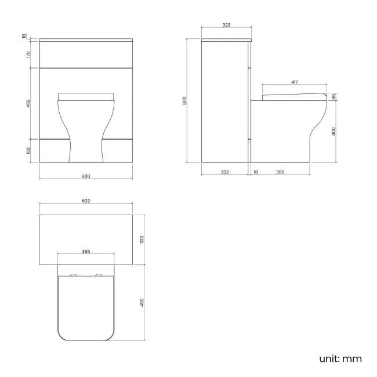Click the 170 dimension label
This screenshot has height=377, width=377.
coord(28,55)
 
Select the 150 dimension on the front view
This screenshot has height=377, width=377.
coord(28,151)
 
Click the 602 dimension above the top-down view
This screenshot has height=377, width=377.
coord(86,201)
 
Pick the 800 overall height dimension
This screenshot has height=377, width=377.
coord(184,100)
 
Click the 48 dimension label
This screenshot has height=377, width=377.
coord(334,96)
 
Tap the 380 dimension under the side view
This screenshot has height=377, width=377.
coord(280,172)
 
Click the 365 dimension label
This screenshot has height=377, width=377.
coord(86,252)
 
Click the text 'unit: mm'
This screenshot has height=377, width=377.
coord(340,358)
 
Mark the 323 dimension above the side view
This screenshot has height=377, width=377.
coord(226,25)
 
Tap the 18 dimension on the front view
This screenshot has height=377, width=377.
coord(24,37)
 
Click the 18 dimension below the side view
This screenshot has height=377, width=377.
coord(255,172)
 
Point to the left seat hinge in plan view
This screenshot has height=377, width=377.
coord(73,274)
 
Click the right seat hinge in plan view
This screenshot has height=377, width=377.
coord(99,274)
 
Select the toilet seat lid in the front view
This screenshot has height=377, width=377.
coord(86,95)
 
